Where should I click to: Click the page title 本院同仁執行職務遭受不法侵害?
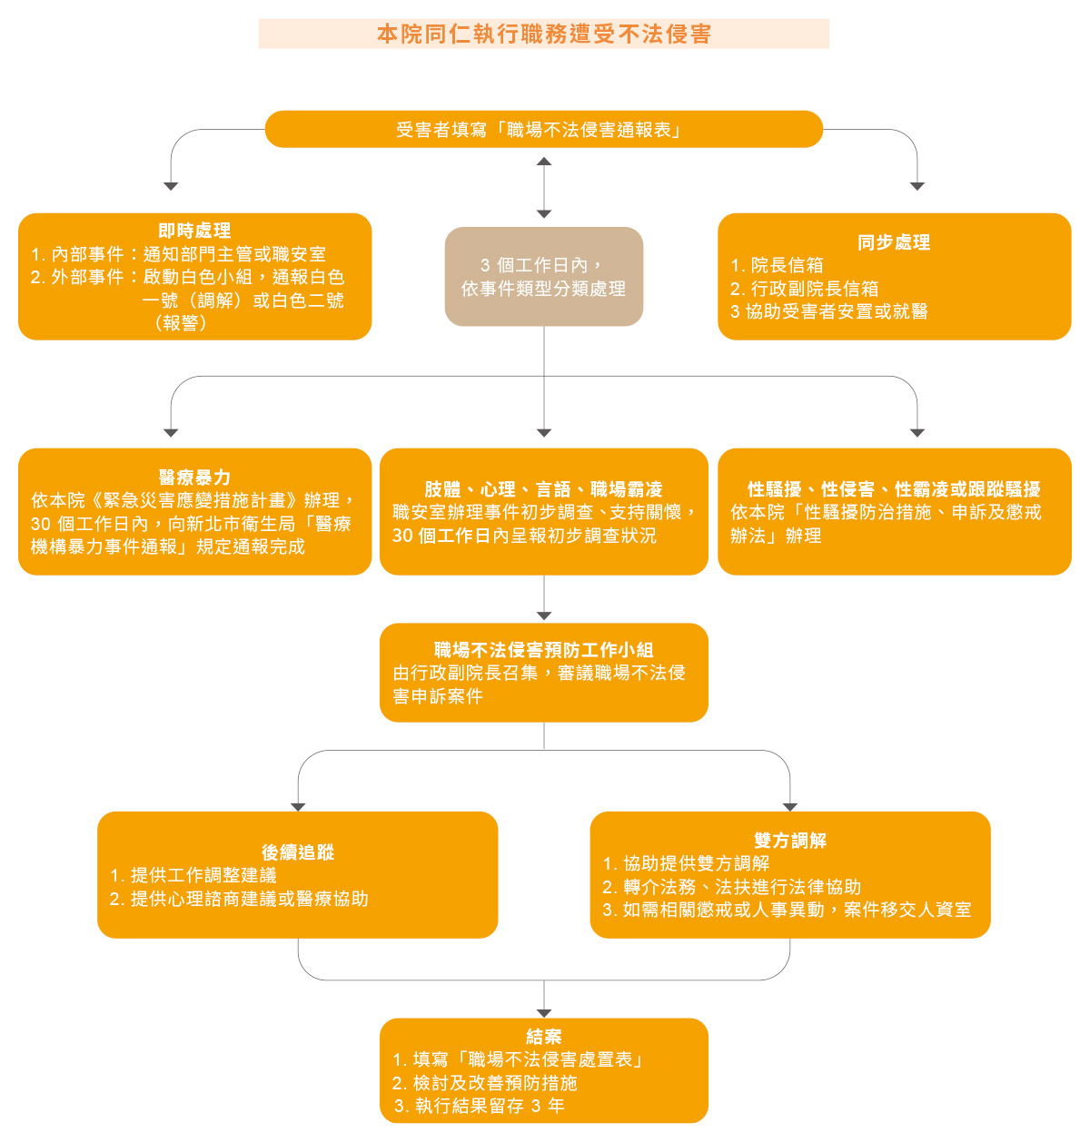pos(543,34)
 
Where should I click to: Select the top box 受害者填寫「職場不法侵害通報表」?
pos(543,130)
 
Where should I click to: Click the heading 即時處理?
pos(194,231)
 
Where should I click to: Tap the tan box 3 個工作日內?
pos(543,277)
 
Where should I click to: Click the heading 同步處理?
pos(894,242)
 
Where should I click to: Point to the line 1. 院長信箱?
pos(778,265)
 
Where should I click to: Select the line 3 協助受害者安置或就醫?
pos(829,311)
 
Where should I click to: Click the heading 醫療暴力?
pos(194,477)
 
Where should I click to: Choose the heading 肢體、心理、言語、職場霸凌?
pos(543,489)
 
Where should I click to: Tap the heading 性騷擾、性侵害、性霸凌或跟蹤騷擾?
pos(894,489)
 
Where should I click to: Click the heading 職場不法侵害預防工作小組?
pos(543,650)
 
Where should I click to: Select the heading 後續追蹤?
pos(298,852)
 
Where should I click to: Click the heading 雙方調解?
pos(790,841)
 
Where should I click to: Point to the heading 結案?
pos(543,1037)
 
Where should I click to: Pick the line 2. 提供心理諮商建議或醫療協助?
pos(239,899)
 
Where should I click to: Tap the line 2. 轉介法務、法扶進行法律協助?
pos(732,887)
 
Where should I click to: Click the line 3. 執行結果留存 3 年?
pos(480,1106)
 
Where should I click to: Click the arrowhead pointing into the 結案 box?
pos(543,1012)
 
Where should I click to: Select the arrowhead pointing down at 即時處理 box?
pos(171,186)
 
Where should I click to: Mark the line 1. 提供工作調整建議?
pos(193,875)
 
